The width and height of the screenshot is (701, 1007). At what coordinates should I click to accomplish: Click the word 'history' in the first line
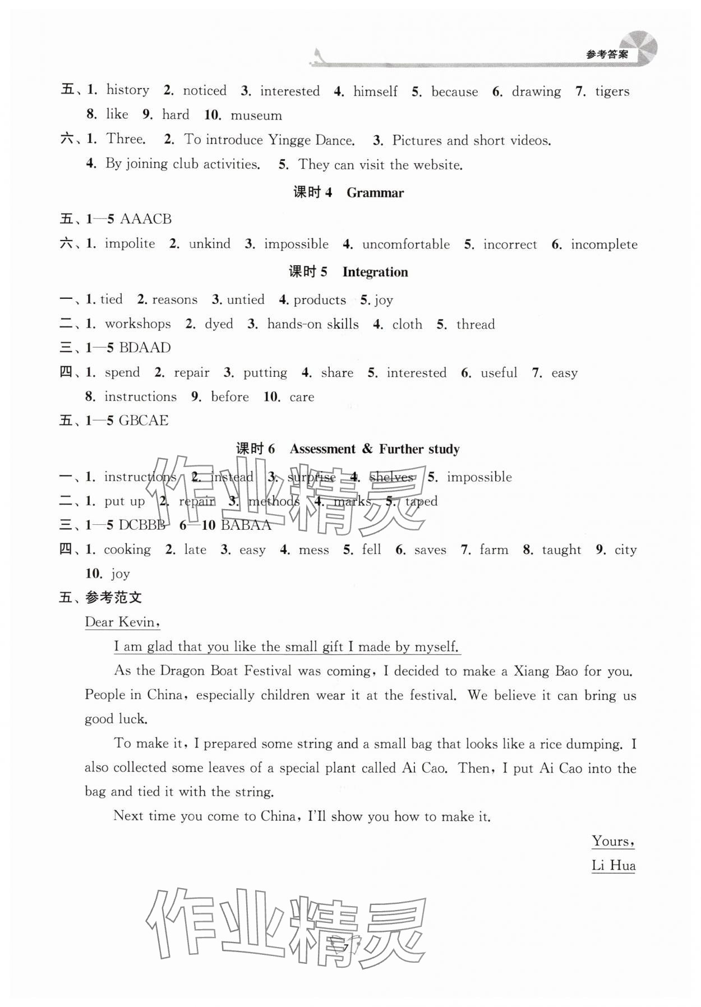click(x=128, y=90)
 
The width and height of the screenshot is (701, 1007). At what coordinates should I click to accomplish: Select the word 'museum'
click(x=256, y=116)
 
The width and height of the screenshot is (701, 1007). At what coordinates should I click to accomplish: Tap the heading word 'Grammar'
click(x=375, y=193)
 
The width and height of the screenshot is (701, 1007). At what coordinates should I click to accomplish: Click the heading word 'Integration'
click(x=375, y=272)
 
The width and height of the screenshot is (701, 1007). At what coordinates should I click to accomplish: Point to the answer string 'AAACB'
click(x=146, y=219)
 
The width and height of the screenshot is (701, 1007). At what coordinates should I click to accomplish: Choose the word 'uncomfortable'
click(x=406, y=244)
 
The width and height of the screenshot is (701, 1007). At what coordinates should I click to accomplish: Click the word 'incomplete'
click(x=604, y=244)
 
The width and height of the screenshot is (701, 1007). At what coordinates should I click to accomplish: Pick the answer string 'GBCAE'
click(x=144, y=421)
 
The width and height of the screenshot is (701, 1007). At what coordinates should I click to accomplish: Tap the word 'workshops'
click(x=138, y=324)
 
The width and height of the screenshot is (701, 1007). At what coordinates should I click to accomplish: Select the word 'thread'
click(x=476, y=325)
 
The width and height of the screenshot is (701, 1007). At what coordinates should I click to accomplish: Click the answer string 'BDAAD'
click(x=145, y=348)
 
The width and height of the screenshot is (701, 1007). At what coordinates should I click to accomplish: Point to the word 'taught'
click(x=561, y=550)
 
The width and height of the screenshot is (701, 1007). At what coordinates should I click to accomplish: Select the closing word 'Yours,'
click(x=613, y=841)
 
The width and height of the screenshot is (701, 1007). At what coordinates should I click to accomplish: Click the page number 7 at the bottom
click(x=346, y=947)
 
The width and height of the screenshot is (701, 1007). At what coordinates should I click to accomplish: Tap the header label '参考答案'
click(x=607, y=55)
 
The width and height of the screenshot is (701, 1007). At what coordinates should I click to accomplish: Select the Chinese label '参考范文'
click(x=113, y=598)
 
